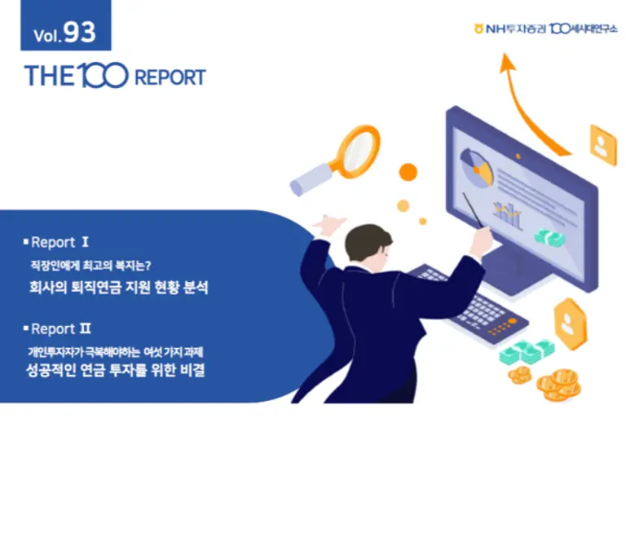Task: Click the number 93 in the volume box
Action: tap(79, 33)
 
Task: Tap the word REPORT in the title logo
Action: tap(169, 78)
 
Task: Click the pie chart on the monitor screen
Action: tap(476, 165)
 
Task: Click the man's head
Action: tap(365, 245)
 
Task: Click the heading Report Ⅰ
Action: tap(60, 242)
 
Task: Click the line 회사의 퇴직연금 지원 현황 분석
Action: tap(117, 288)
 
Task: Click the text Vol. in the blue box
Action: tap(46, 36)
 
